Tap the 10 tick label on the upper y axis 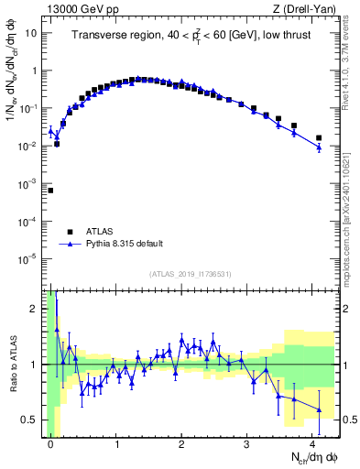(x=32, y=33)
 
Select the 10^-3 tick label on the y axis (x=29, y=184)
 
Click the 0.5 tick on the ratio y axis (x=33, y=420)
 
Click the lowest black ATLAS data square (x=50, y=191)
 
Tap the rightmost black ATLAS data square (x=319, y=138)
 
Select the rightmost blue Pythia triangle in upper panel (x=319, y=147)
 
